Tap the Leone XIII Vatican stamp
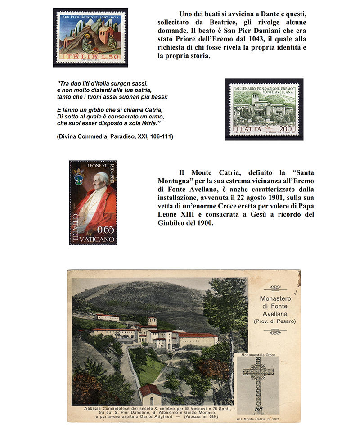[x=93, y=202]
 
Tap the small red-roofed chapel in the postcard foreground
[x=150, y=394]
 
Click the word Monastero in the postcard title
[x=277, y=299]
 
